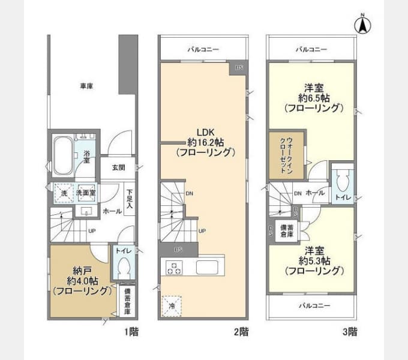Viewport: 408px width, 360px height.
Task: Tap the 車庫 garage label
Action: pyautogui.click(x=87, y=86)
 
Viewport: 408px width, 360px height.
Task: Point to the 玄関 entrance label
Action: pyautogui.click(x=118, y=168)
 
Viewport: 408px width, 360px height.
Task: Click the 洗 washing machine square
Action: pyautogui.click(x=61, y=193)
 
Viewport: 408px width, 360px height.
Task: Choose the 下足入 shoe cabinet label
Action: pyautogui.click(x=129, y=199)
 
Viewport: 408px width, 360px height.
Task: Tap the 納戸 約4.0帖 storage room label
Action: pyautogui.click(x=80, y=281)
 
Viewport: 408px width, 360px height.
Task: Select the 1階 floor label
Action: pyautogui.click(x=131, y=331)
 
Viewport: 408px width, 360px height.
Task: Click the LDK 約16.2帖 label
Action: pyautogui.click(x=203, y=142)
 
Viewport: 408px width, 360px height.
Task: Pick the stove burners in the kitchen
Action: pyautogui.click(x=174, y=268)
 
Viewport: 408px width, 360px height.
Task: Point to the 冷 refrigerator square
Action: pyautogui.click(x=172, y=305)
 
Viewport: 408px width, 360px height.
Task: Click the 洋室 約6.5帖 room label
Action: pyautogui.click(x=314, y=97)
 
